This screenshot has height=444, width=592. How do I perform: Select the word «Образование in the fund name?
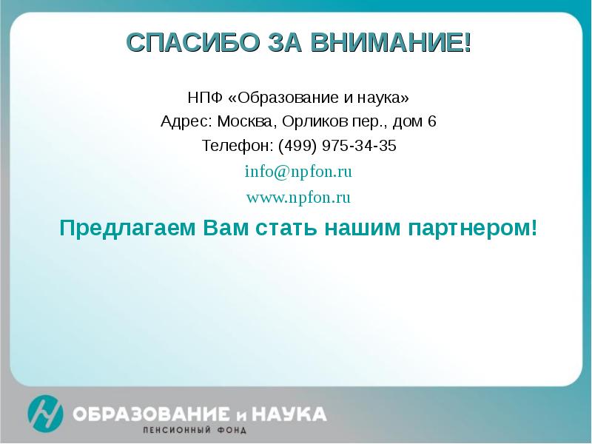click(277, 98)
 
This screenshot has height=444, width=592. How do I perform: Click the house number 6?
click(432, 121)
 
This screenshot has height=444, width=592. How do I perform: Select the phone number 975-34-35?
click(360, 146)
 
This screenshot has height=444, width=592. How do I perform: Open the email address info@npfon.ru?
click(297, 172)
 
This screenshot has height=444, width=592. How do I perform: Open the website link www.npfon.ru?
click(297, 198)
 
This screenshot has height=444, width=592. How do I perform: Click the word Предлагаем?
click(127, 227)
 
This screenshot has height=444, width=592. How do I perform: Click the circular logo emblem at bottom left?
click(45, 414)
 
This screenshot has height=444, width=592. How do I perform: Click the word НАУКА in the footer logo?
click(292, 412)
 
